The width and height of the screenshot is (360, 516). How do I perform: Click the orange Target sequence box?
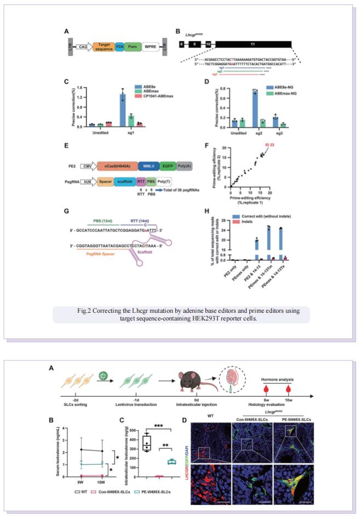104,48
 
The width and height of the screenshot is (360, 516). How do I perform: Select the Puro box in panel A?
132,48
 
